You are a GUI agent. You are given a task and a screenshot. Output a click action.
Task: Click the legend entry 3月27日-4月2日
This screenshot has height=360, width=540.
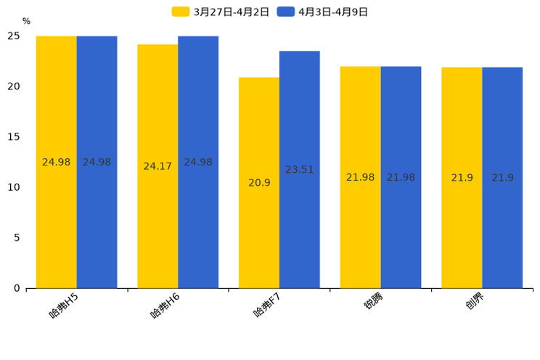pyautogui.click(x=221, y=12)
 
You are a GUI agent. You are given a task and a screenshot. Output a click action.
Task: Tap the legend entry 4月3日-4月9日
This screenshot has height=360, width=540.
pyautogui.click(x=322, y=12)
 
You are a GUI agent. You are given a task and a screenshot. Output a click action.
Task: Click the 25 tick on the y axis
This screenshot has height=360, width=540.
pyautogui.click(x=14, y=36)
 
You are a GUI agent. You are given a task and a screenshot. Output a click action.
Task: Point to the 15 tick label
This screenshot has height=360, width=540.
pyautogui.click(x=14, y=137)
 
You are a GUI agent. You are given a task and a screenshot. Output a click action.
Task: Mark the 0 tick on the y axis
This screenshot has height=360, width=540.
pyautogui.click(x=17, y=288)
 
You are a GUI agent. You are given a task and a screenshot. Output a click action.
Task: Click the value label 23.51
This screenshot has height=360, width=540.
pyautogui.click(x=300, y=170)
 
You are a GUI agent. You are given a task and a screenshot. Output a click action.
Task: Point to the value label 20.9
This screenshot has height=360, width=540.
pyautogui.click(x=259, y=183)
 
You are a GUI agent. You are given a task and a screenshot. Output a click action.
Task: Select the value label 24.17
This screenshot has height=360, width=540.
pyautogui.click(x=157, y=166)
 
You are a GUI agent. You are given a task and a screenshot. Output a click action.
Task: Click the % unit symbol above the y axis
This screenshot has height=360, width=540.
pyautogui.click(x=26, y=22)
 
